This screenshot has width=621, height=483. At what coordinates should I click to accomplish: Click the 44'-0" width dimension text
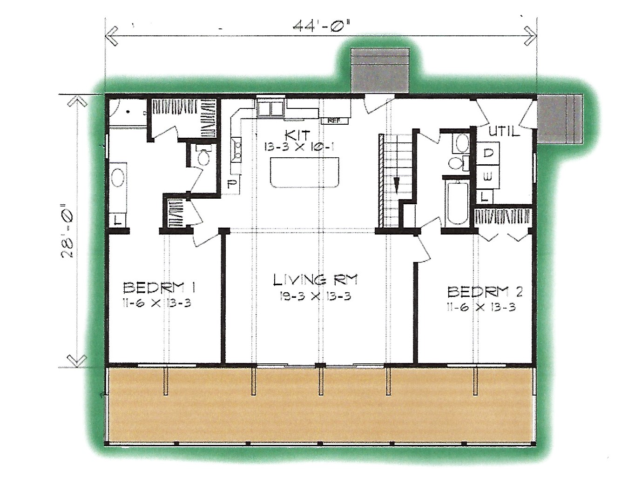(322, 27)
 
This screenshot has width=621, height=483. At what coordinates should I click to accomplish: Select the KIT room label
(297, 135)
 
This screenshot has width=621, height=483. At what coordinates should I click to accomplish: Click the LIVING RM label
(315, 280)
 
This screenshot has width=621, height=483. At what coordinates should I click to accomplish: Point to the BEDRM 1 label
(159, 288)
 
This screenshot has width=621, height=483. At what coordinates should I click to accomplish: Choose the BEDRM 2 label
(485, 293)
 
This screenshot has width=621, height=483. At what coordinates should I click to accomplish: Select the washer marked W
(488, 177)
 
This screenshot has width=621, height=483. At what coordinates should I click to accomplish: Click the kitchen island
(304, 172)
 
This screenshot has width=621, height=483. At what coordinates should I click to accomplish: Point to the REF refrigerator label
(335, 121)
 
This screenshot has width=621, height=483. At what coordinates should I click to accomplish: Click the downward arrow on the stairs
(396, 184)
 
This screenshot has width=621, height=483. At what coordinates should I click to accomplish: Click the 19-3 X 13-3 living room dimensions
(315, 296)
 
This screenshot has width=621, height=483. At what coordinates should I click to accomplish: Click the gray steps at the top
(380, 70)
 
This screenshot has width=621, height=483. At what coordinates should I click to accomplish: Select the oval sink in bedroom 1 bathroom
(118, 178)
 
